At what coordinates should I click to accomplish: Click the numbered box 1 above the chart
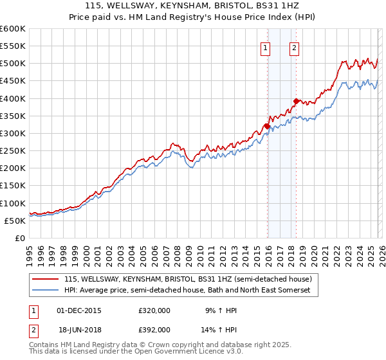266,46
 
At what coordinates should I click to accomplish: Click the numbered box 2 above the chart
294,46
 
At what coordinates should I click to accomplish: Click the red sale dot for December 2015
267,126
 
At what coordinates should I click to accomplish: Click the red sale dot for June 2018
296,101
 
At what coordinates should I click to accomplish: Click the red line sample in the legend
46,279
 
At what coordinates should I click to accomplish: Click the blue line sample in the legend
46,291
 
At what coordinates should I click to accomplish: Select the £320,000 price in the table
154,310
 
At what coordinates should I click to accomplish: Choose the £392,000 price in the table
154,329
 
